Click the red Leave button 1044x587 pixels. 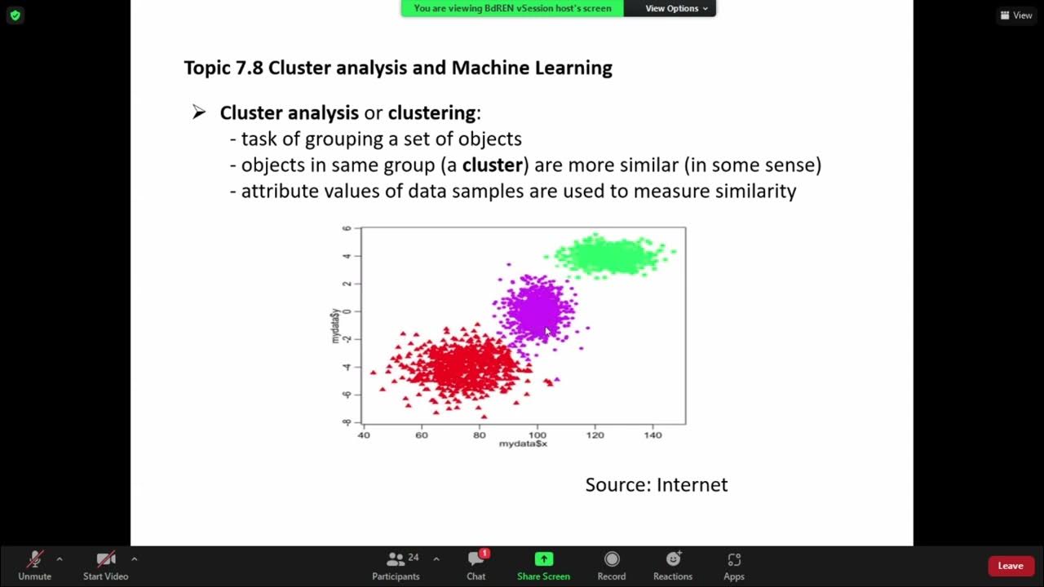[1010, 566]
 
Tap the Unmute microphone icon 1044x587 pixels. [34, 559]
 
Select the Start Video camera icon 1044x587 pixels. [105, 559]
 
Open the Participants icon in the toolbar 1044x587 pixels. [396, 559]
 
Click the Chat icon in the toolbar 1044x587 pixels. [476, 559]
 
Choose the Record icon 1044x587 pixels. [611, 559]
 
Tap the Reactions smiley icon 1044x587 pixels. [673, 559]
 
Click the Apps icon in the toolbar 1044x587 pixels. [734, 559]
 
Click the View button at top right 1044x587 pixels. [1016, 15]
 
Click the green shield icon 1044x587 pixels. [15, 15]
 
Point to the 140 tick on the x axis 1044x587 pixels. [652, 435]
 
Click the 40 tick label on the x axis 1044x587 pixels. [364, 435]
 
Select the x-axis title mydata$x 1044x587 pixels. [523, 444]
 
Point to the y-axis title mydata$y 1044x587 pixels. [334, 326]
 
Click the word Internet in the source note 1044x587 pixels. [692, 485]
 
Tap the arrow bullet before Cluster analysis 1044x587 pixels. [199, 113]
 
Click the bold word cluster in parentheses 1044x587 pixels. [492, 165]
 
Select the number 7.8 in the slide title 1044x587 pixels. [250, 68]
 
